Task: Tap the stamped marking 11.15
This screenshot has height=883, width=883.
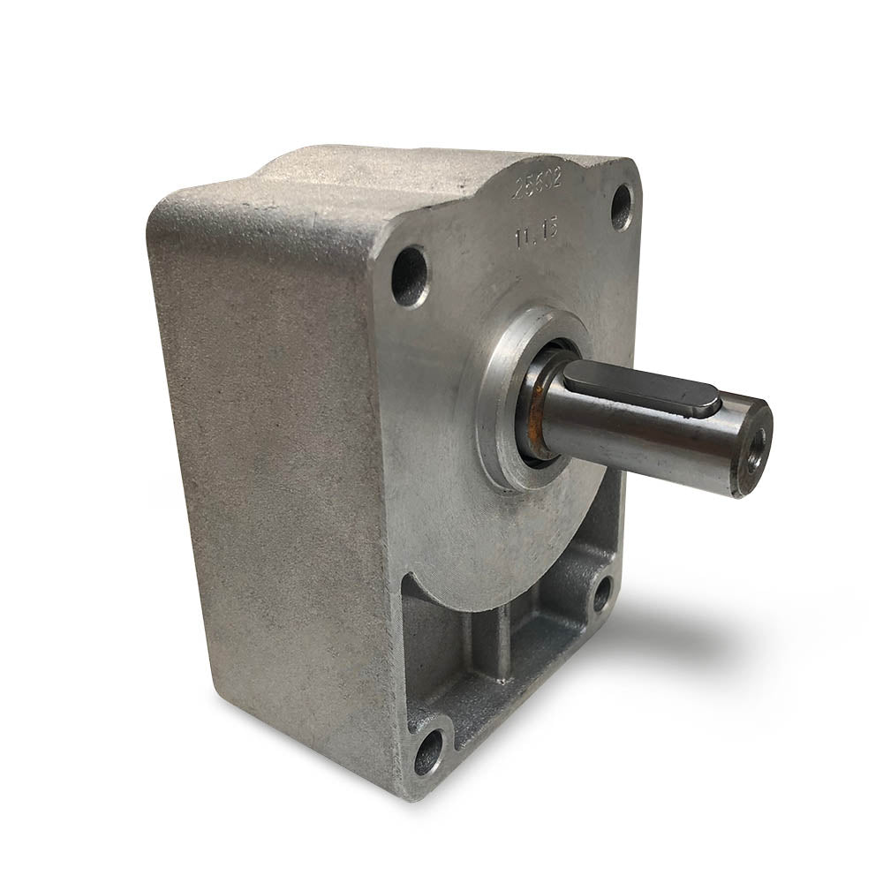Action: [x=533, y=235]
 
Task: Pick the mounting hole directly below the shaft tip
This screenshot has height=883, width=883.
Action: [x=602, y=593]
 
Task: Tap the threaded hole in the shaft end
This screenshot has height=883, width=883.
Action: [x=756, y=439]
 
